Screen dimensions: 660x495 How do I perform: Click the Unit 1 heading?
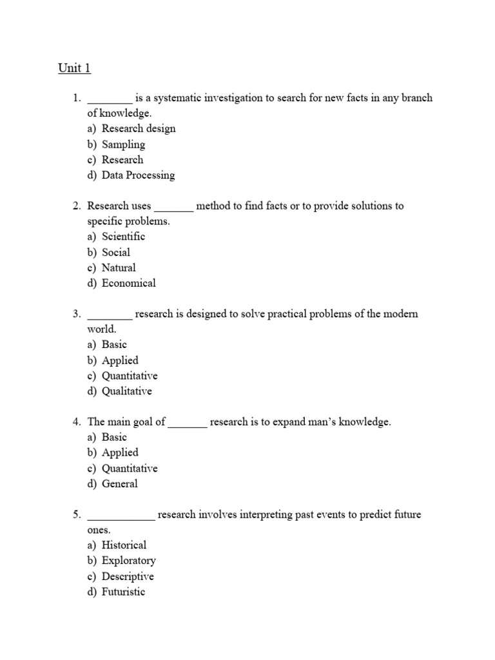coord(75,68)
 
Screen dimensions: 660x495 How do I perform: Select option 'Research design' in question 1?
coord(138,128)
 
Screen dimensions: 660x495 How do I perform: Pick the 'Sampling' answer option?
coord(123,144)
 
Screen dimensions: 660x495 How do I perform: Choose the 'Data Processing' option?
coord(138,175)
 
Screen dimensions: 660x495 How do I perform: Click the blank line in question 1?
coord(110,100)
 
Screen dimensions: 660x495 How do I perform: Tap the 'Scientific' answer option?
coord(123,237)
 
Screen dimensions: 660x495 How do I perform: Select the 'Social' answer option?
coord(115,252)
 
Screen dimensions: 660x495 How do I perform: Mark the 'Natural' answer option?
coord(119,267)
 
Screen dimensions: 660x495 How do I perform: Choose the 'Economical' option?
coord(128,283)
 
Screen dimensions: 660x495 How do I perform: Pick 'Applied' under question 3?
coord(120,360)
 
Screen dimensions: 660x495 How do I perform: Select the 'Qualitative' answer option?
coord(127,391)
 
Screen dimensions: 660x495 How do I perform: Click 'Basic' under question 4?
coord(114,437)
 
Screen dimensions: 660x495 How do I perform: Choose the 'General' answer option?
coord(119,483)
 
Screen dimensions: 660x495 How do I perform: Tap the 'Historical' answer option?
coord(124,545)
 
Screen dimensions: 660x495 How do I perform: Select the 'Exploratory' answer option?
coord(128,561)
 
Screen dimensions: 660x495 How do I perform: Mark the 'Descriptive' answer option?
coord(128,576)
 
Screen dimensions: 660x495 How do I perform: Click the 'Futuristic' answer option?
coord(123,592)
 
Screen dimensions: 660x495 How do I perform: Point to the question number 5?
coord(76,515)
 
